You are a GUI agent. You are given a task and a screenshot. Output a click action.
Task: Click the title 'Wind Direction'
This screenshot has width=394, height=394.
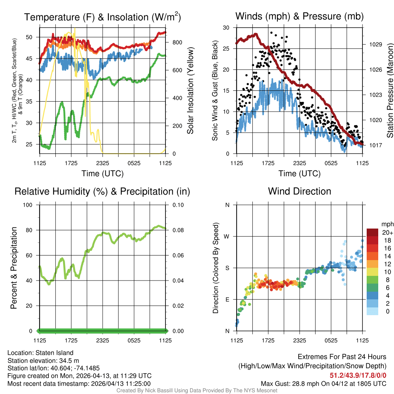(299, 191)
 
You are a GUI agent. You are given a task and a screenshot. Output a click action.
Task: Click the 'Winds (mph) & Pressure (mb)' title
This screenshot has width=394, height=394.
(299, 16)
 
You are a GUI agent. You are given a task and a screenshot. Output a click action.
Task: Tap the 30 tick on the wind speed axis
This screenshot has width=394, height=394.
(226, 28)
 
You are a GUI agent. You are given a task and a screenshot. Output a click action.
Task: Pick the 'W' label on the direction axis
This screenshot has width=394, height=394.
(227, 236)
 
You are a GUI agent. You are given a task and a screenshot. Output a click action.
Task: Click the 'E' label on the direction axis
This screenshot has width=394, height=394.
(227, 299)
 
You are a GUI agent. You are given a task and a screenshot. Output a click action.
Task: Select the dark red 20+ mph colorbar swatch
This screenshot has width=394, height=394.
(373, 232)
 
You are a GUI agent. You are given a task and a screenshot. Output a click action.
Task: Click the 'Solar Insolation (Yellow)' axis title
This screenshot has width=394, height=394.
(190, 91)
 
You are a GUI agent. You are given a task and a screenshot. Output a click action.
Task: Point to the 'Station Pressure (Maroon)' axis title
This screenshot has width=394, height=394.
(389, 91)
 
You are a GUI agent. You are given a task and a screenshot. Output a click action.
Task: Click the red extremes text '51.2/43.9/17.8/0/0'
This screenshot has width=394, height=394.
(358, 375)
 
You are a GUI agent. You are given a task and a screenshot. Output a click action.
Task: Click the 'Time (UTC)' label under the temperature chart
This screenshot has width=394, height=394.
(102, 174)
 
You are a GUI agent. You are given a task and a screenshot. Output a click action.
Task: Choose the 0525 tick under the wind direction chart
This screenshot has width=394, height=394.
(331, 340)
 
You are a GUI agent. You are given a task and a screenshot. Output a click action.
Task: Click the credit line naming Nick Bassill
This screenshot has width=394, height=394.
(197, 391)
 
